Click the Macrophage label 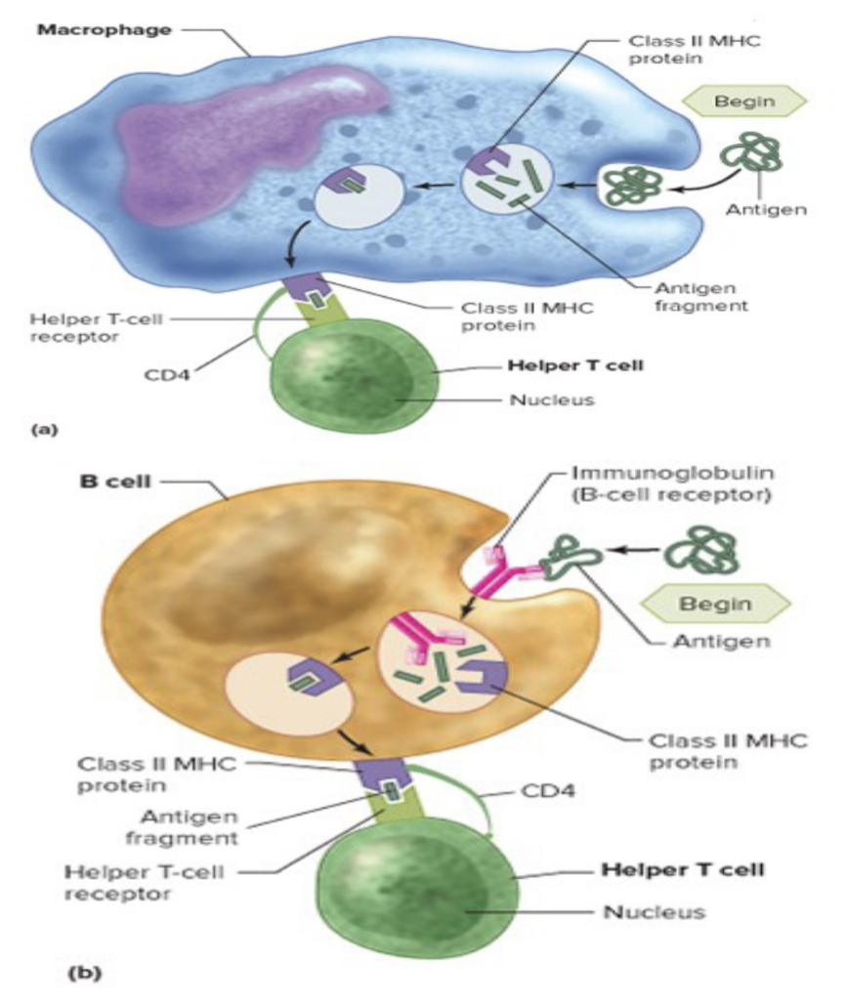click(x=104, y=29)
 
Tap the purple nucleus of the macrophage click(x=234, y=137)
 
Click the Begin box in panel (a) click(x=744, y=100)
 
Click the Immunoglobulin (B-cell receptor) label click(x=674, y=483)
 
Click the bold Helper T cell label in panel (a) click(x=564, y=367)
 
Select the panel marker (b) click(x=84, y=973)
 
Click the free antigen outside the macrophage click(x=751, y=155)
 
